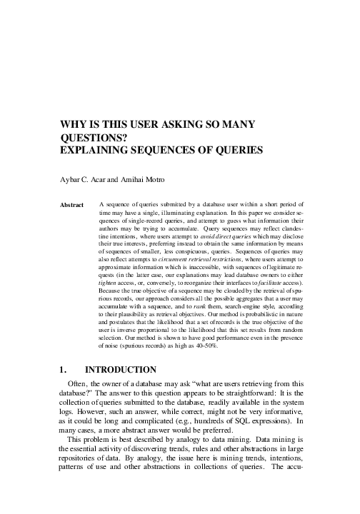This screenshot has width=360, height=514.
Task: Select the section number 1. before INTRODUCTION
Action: coord(64,369)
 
